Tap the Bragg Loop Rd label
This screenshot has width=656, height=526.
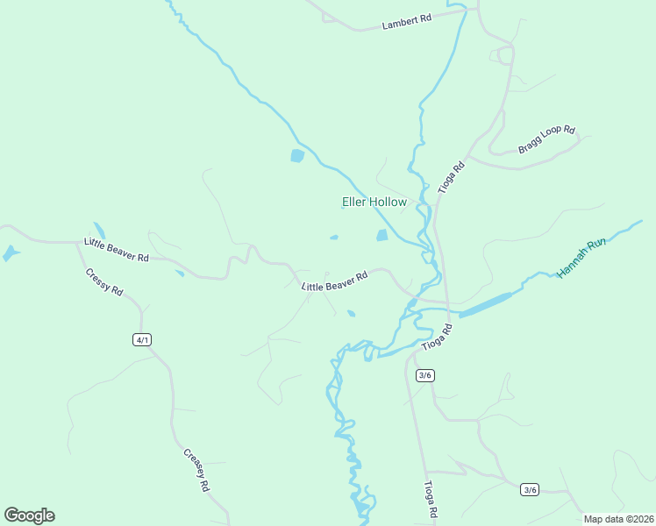(x=545, y=140)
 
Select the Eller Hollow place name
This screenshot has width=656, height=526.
(x=374, y=203)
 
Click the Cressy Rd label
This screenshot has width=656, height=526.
(x=104, y=279)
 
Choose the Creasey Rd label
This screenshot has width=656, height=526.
(x=197, y=470)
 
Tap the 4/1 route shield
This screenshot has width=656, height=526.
(x=142, y=339)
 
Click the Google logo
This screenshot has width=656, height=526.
(x=29, y=515)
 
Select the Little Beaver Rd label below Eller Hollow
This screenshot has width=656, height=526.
(x=334, y=281)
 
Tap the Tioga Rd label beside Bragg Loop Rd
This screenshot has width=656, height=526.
(x=450, y=178)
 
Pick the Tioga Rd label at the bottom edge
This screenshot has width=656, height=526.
(x=431, y=501)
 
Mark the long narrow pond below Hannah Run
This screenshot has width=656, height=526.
(x=485, y=304)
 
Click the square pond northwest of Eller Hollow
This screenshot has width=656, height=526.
(x=297, y=156)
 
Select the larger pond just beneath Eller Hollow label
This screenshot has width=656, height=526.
(x=381, y=235)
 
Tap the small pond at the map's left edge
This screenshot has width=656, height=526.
(x=10, y=253)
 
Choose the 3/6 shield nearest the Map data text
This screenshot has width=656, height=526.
(x=529, y=489)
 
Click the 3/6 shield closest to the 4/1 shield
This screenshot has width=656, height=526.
(x=424, y=375)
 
